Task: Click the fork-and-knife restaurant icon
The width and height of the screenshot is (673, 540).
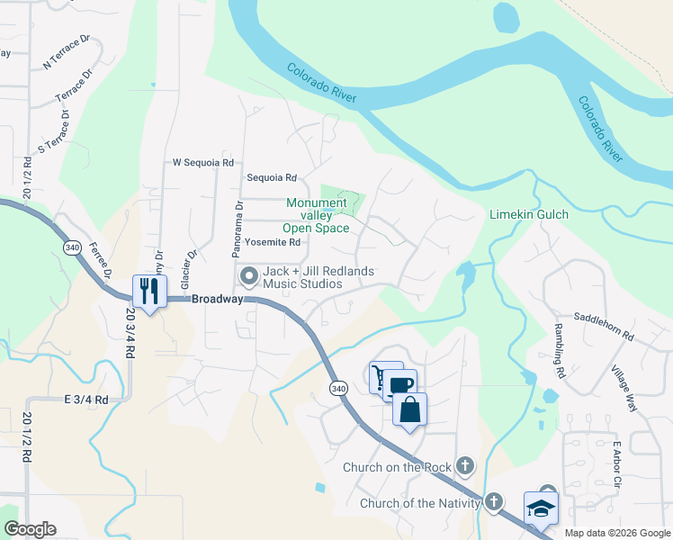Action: point(149,291)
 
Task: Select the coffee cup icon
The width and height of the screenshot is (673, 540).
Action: point(401,385)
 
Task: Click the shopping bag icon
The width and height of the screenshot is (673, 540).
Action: point(409,409)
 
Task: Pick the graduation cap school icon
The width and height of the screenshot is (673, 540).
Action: point(541,508)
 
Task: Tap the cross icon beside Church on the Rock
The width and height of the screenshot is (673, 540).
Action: point(464,465)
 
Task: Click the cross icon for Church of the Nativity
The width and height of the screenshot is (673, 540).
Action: point(493,501)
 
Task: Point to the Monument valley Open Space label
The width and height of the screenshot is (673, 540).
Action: point(317,215)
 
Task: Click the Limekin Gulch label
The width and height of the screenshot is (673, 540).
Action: point(529,215)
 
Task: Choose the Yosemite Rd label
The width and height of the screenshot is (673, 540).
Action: point(272,242)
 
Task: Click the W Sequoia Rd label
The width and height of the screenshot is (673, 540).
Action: point(203,163)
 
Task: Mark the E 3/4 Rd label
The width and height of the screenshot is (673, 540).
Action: point(86,399)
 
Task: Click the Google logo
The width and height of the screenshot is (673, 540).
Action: point(30,529)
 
